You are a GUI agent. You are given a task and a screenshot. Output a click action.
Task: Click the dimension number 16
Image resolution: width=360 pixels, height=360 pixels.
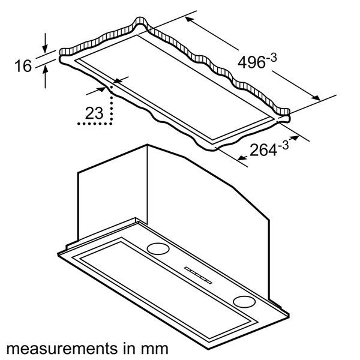pyautogui.click(x=23, y=66)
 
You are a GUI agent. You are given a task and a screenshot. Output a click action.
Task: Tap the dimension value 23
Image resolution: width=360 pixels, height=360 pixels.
pyautogui.click(x=94, y=113)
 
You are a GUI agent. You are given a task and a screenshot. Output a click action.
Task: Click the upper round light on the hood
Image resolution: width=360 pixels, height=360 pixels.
pyautogui.click(x=158, y=248)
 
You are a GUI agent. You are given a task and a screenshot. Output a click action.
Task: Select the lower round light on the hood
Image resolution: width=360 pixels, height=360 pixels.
pyautogui.click(x=244, y=301)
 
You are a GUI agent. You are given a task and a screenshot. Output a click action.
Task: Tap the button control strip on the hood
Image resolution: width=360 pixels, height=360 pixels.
pyautogui.click(x=198, y=275)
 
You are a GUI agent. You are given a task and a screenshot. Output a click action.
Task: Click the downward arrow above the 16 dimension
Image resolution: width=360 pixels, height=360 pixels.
pyautogui.click(x=45, y=43)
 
